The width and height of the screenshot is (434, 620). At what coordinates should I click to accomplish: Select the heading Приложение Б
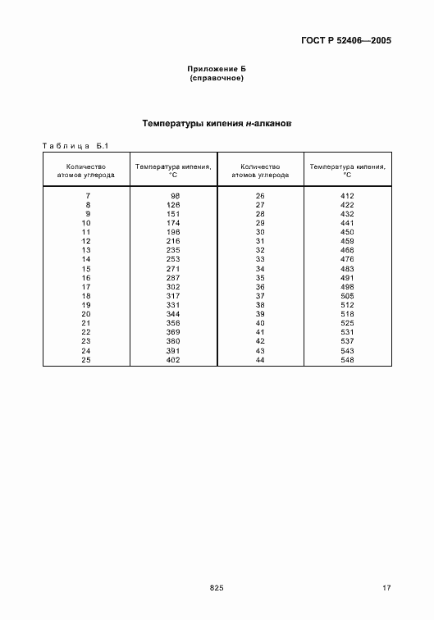pos(217,70)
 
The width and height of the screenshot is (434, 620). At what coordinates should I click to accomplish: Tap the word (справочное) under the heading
pos(217,79)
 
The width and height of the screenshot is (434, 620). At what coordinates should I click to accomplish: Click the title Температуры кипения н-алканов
pos(217,124)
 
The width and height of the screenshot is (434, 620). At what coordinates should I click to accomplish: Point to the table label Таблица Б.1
pos(75,145)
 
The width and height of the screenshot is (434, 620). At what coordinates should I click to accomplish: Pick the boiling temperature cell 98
pos(174,196)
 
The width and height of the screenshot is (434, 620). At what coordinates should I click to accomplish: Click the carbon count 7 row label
pos(86,196)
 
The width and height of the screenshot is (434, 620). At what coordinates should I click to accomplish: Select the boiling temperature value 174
pos(173,223)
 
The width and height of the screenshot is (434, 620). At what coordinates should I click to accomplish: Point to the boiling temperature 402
pos(173,360)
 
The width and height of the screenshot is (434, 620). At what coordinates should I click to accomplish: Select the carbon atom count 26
pos(260,196)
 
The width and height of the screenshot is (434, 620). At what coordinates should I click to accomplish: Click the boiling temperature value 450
pos(347,232)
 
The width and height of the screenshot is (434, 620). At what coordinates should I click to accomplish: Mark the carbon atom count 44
pos(260,360)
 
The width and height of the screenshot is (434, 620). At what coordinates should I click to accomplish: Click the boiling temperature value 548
pos(347,360)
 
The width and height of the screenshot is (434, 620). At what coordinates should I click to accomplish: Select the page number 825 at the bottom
pos(217,587)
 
